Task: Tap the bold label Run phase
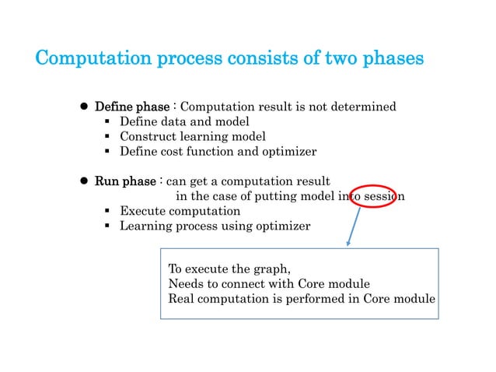click(124, 181)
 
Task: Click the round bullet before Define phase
click(84, 107)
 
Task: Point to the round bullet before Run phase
click(84, 181)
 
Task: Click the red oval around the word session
click(376, 196)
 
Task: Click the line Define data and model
click(183, 121)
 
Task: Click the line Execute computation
click(180, 211)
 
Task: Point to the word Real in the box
click(182, 299)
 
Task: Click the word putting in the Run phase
click(276, 196)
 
